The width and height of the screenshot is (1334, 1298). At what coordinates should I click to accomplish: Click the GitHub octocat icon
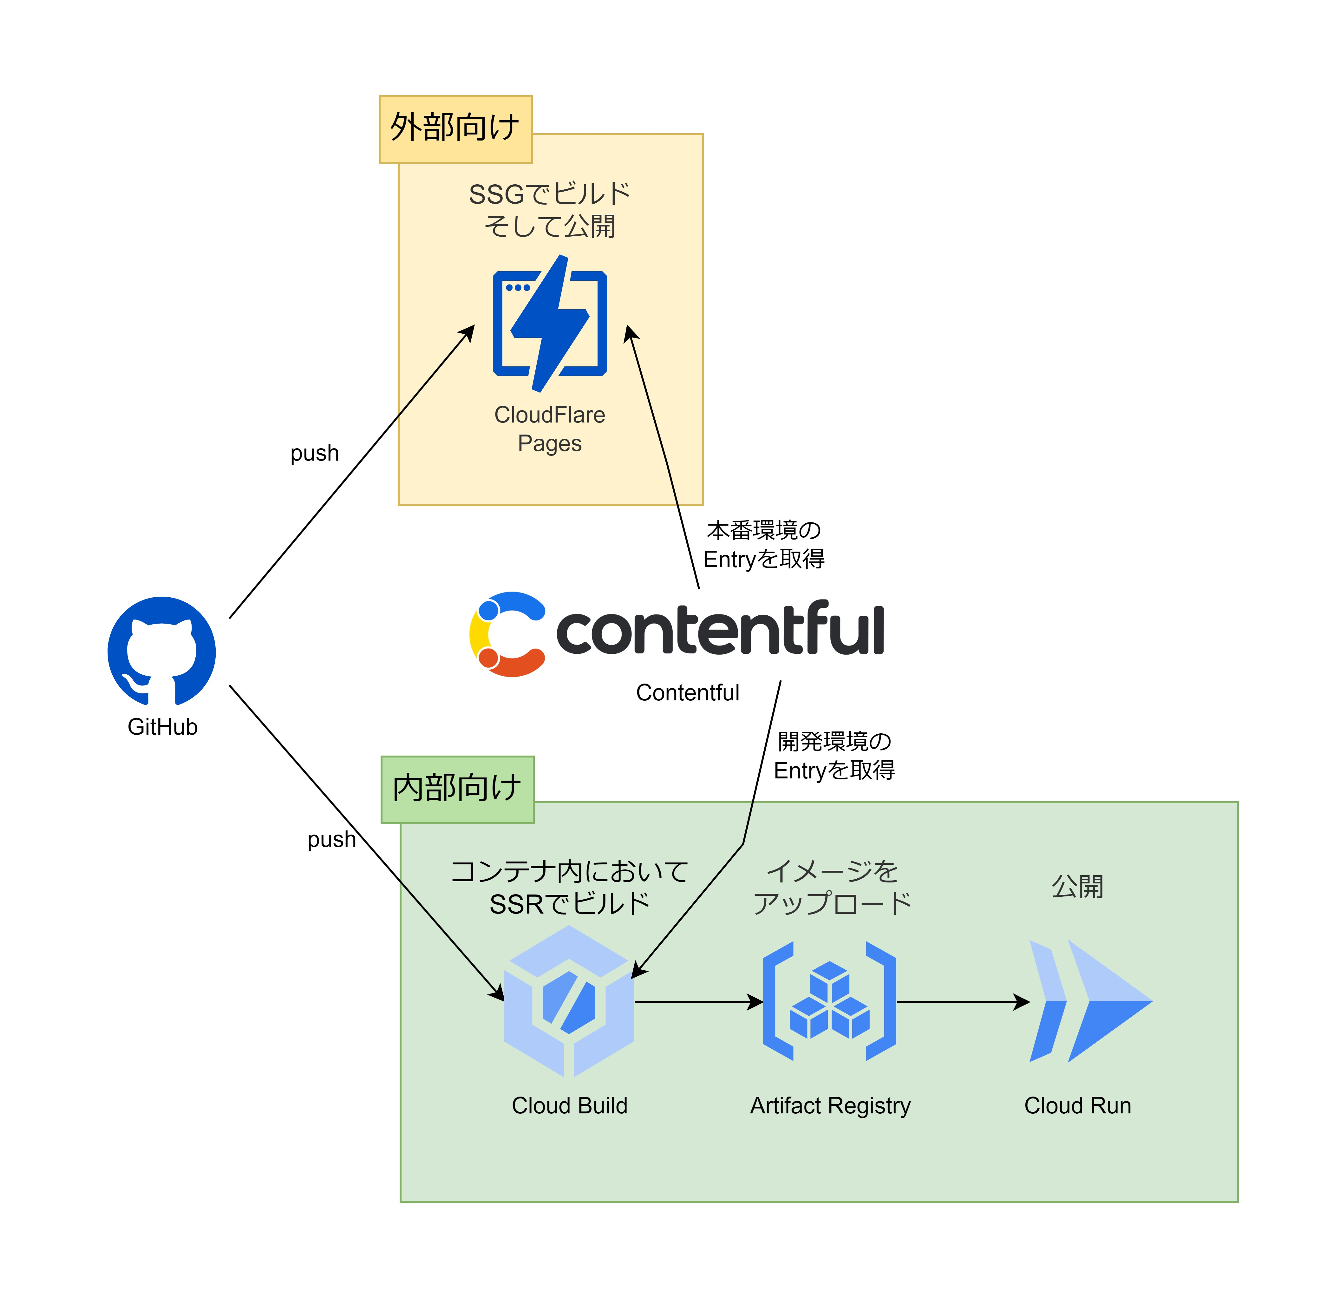(x=161, y=651)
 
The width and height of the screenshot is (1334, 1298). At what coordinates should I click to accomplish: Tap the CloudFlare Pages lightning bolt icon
(x=549, y=323)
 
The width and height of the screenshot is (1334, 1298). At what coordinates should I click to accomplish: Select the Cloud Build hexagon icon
(x=568, y=1001)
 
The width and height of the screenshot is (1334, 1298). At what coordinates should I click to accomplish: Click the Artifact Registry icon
(x=829, y=1001)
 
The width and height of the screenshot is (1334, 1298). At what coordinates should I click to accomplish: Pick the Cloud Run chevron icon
(x=1089, y=1001)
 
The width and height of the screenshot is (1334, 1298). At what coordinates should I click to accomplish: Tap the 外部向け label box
(x=455, y=129)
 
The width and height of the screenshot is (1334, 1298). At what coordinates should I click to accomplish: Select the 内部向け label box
(x=457, y=790)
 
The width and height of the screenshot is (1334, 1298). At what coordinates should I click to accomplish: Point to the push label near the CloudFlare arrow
(x=314, y=453)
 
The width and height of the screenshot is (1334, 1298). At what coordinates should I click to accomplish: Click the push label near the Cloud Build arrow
(x=331, y=839)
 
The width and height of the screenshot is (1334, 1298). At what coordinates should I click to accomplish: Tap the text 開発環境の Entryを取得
(x=834, y=755)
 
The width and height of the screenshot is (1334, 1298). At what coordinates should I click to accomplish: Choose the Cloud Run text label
(x=1077, y=1105)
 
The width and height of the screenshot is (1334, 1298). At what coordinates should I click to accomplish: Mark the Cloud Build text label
(x=569, y=1105)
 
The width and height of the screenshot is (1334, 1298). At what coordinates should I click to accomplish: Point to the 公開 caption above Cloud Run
(x=1077, y=886)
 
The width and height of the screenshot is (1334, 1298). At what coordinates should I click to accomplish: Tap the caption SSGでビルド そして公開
(x=549, y=210)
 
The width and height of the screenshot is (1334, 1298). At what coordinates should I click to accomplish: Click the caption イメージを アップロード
(x=832, y=887)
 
